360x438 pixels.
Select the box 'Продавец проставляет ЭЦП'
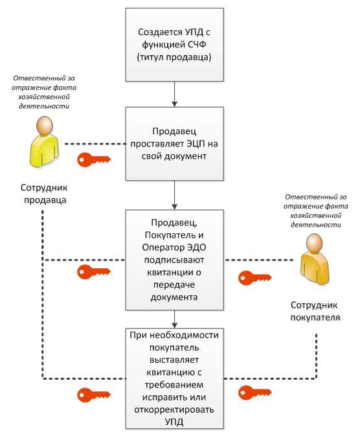(175, 143)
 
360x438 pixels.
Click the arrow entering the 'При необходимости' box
(175, 319)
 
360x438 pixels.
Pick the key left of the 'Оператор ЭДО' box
(91, 271)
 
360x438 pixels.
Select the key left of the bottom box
(91, 393)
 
